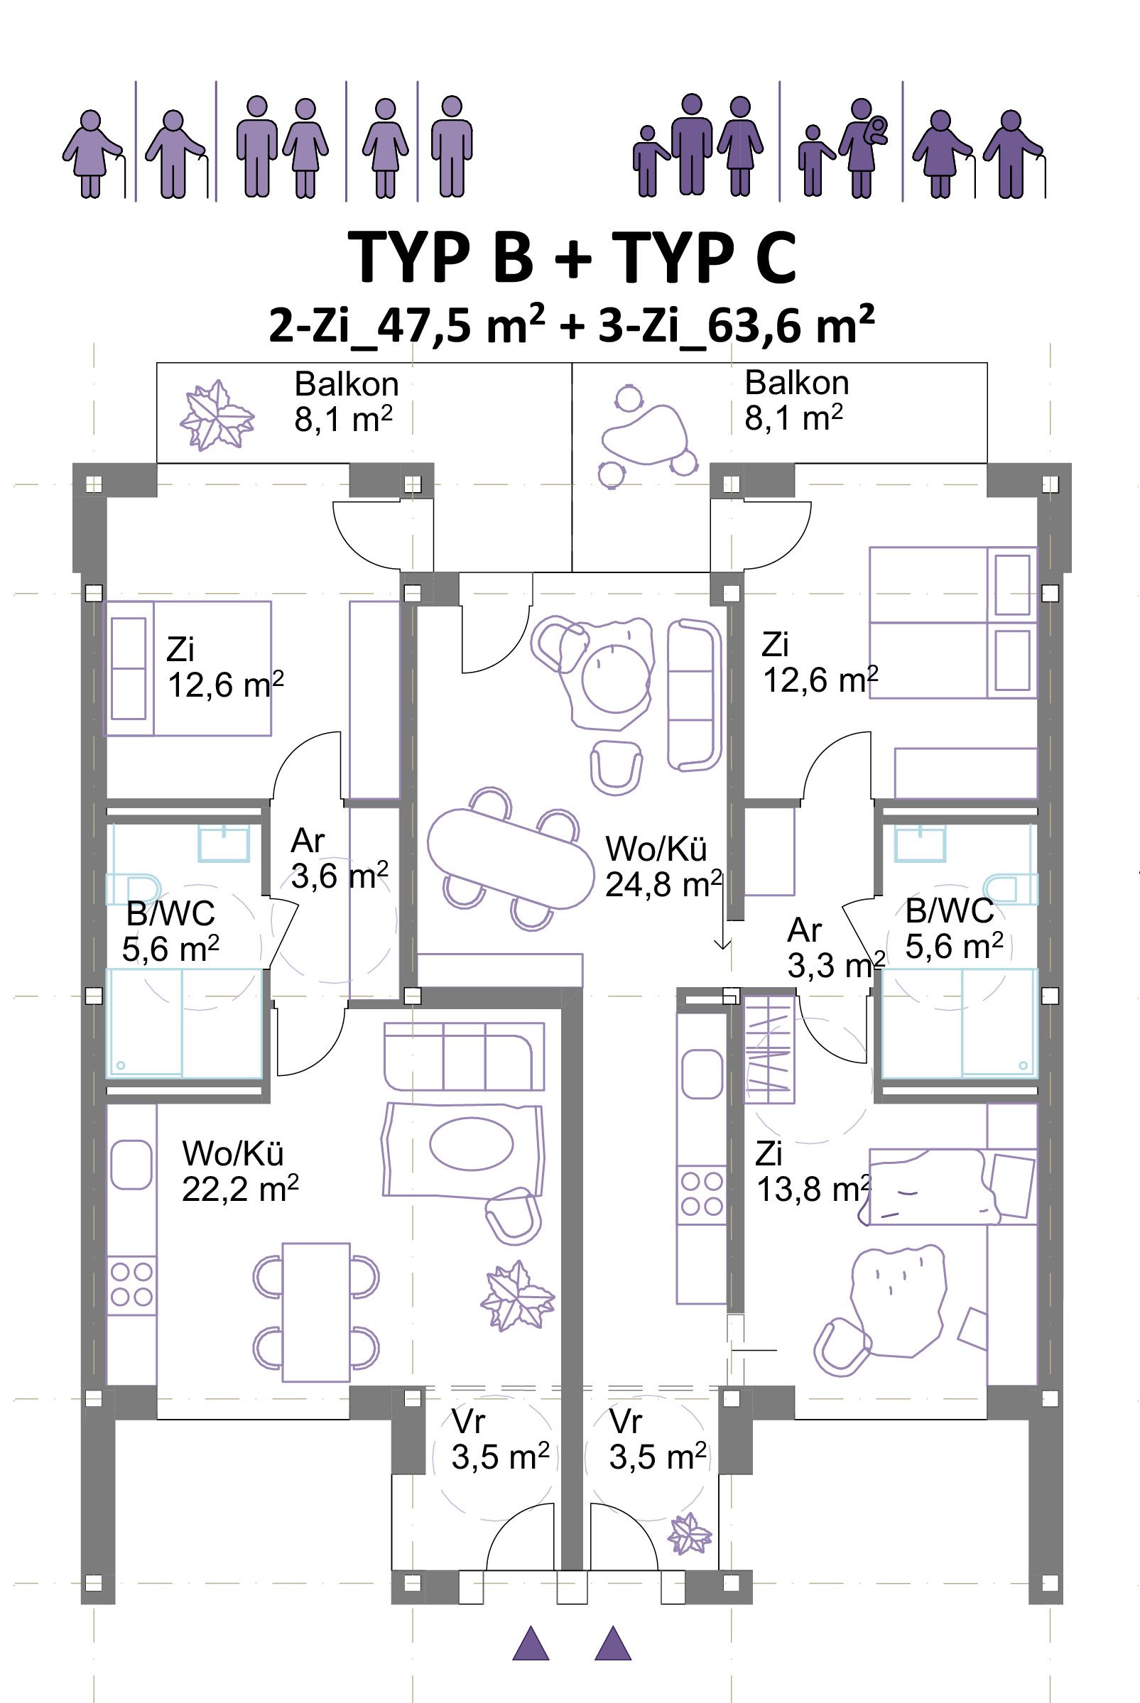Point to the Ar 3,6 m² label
339,859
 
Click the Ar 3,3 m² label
835,948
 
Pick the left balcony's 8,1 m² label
344,420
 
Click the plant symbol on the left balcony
217,414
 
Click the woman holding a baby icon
864,147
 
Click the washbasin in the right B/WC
921,844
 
